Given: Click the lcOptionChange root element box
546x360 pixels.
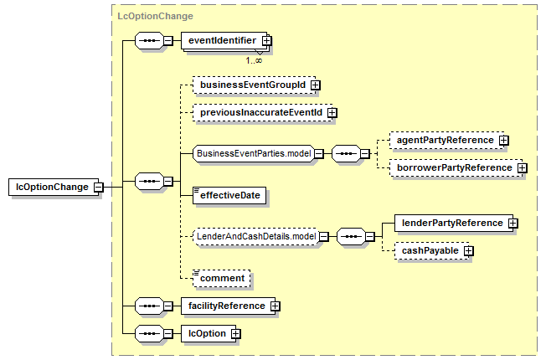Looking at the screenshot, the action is pos(54,187).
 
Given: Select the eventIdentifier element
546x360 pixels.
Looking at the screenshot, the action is pos(224,41).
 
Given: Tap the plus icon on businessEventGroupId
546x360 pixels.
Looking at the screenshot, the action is pos(316,85).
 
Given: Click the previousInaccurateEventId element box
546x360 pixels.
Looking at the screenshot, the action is pos(263,112).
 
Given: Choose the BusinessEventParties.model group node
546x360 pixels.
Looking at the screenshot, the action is pos(254,153).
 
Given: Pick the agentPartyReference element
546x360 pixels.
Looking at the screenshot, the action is pos(446,141).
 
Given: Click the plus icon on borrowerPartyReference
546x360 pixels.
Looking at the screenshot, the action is pos(522,167).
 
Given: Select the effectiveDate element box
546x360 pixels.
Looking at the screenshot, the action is pos(229,195).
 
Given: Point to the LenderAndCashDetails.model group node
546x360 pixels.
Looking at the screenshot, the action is pos(256,237).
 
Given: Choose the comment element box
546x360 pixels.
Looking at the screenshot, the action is pos(221,279).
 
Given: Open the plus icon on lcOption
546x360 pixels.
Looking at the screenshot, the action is pos(236,334).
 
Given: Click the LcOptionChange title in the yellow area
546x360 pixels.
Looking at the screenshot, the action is pos(155,17).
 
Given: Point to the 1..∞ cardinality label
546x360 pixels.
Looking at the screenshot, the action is pos(254,60).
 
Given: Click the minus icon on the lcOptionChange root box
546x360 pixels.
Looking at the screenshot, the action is pos(99,187).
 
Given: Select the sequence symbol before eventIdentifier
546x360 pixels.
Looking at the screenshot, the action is pos(149,41).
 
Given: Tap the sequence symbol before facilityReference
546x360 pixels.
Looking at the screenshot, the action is pos(149,306).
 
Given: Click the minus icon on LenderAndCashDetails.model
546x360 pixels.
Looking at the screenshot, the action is pos(324,237).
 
